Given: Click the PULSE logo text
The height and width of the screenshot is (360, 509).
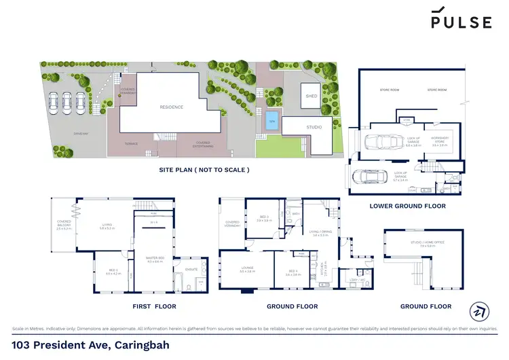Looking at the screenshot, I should click(461, 22).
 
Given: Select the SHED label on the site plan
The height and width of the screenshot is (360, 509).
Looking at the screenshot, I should click(312, 96).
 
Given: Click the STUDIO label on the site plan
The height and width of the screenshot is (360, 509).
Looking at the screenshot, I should click(313, 127).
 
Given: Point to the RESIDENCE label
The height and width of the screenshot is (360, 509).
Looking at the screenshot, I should click(171, 107).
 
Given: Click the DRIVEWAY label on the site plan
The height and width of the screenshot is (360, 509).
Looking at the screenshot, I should click(62, 134).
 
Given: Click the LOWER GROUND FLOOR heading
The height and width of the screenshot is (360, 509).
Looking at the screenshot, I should click(407, 206).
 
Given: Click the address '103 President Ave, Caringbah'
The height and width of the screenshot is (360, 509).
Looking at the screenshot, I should click(91, 345).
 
